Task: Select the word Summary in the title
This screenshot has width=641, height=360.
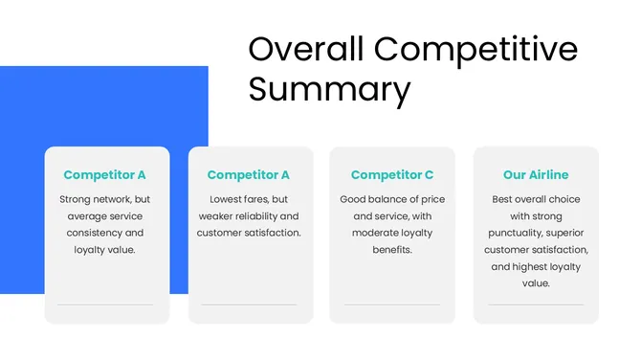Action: click(x=329, y=89)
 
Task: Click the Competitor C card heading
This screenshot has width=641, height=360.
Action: click(x=392, y=175)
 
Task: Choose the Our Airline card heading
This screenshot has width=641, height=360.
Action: click(x=536, y=175)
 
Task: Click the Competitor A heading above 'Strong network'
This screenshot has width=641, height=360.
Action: click(x=105, y=175)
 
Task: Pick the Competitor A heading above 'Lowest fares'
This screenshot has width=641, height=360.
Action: click(x=249, y=175)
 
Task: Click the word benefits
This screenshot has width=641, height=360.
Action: click(x=392, y=250)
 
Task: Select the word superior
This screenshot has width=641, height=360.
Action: click(x=566, y=233)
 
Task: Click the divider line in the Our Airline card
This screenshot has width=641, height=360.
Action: click(x=536, y=304)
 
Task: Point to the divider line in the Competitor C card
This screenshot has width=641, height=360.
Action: click(x=392, y=304)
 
